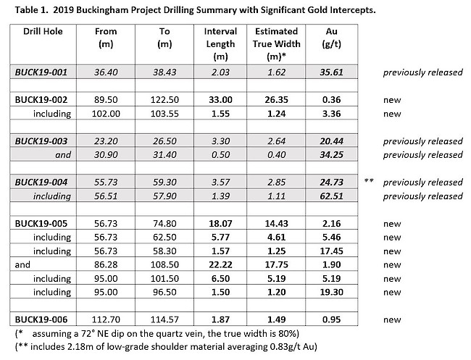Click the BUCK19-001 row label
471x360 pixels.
coord(41,72)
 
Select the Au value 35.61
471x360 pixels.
coord(331,72)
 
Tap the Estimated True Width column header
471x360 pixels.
coord(276,44)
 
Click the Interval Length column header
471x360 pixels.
coord(220,44)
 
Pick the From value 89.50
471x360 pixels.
coord(106,100)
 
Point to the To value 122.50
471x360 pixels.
coord(164,100)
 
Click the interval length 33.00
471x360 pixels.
coord(220,100)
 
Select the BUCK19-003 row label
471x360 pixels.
coord(41,141)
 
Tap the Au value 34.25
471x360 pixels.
coord(331,155)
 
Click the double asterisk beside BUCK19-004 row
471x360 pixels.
coord(369,181)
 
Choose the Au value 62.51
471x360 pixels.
coord(331,196)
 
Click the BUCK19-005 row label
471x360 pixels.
coord(41,224)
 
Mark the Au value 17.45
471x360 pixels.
coord(331,251)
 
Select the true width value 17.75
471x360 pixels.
coord(276,265)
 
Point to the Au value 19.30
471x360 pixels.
coord(331,292)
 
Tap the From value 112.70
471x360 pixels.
coord(106,319)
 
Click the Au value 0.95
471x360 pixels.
coord(331,319)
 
